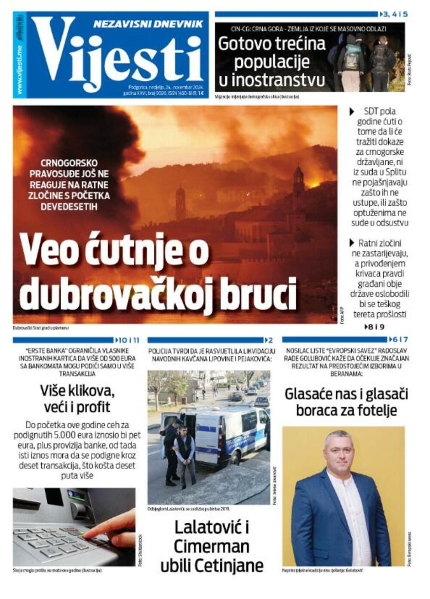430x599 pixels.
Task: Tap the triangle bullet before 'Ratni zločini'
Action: pyautogui.click(x=352, y=243)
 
